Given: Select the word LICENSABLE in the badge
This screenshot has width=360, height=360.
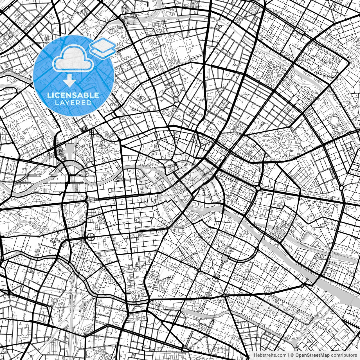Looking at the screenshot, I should [73, 95].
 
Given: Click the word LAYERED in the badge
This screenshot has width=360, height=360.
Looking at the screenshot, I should [73, 103].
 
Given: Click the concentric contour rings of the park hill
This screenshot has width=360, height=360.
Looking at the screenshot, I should [271, 145].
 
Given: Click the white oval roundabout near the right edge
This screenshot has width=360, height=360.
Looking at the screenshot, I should [341, 188].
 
